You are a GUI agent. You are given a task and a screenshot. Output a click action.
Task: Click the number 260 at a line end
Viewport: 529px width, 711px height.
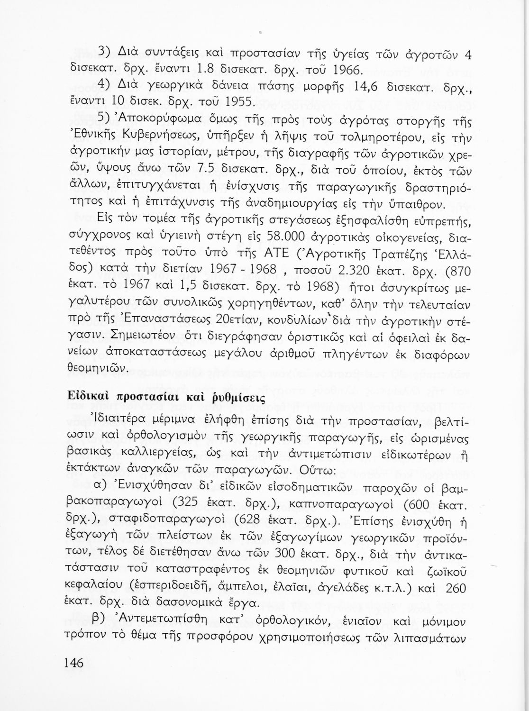click(456, 586)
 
